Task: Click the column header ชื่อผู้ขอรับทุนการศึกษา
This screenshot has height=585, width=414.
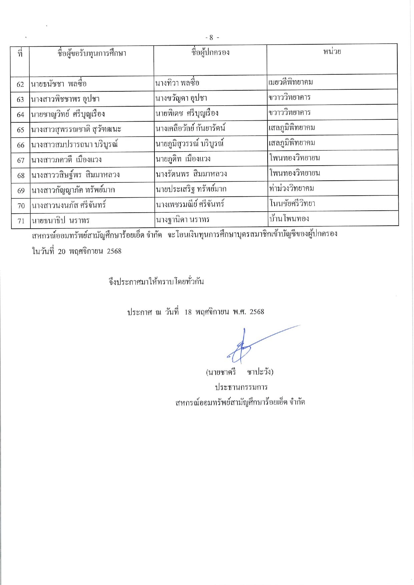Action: [92, 53]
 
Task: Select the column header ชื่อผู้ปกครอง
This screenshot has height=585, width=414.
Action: [210, 52]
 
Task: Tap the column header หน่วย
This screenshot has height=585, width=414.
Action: [332, 51]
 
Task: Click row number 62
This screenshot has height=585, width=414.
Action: [20, 84]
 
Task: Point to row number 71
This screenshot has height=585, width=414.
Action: [21, 221]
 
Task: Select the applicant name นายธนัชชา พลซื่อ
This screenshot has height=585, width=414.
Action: [59, 84]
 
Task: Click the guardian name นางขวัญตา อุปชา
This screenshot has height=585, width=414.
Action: [181, 98]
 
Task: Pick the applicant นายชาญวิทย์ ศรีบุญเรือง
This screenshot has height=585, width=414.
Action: [68, 114]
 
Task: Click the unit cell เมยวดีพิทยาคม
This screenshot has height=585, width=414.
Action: [291, 82]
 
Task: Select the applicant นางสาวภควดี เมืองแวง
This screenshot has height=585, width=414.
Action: [66, 160]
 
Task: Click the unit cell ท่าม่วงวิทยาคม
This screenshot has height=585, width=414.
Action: [292, 189]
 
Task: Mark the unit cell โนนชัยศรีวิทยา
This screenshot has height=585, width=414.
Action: [292, 204]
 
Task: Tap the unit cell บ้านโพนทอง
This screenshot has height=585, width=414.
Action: [289, 219]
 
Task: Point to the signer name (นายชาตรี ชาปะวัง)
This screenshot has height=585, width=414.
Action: [240, 372]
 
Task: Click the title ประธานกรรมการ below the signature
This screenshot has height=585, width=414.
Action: [241, 387]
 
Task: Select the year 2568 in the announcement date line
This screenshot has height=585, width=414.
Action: [257, 312]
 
